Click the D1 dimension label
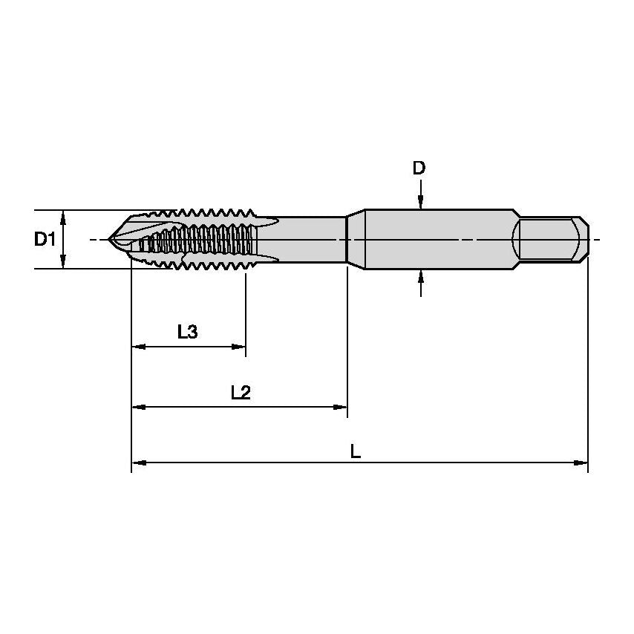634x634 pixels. (45, 239)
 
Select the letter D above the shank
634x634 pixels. (419, 169)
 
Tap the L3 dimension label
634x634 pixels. (188, 332)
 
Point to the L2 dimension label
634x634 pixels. (241, 393)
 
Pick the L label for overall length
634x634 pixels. (356, 451)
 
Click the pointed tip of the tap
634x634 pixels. (111, 239)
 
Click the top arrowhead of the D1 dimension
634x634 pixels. (64, 216)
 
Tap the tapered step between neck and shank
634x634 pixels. (356, 239)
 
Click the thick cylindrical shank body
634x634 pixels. (438, 239)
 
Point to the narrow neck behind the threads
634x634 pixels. (312, 239)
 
